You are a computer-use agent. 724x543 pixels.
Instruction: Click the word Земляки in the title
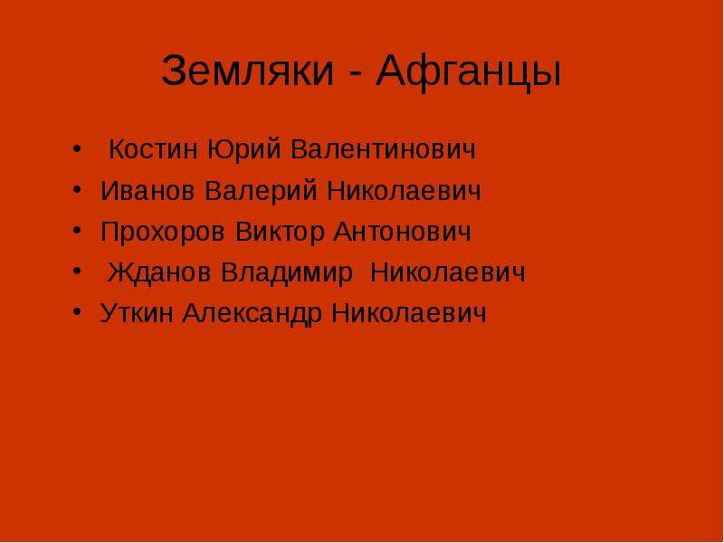[x=247, y=71]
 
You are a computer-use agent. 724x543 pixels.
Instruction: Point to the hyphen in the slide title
[x=355, y=73]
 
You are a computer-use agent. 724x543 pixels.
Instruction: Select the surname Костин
[x=153, y=149]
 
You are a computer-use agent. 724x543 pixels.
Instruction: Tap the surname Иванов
[x=148, y=191]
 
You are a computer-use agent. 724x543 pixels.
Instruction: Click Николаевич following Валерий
[x=404, y=191]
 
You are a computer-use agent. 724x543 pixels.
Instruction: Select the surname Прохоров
[x=163, y=233]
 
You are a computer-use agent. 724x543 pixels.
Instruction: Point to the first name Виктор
[x=281, y=233]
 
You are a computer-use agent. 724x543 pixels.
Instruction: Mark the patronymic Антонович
[x=402, y=232]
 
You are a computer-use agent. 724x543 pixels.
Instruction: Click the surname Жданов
[x=159, y=272]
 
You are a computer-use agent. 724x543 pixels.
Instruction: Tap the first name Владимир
[x=287, y=272]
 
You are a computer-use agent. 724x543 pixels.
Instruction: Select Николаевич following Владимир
[x=448, y=272]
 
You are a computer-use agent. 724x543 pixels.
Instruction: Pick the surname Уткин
[x=137, y=313]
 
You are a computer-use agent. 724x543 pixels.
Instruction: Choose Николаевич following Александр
[x=409, y=313]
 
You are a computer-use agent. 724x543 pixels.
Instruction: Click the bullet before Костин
[x=77, y=149]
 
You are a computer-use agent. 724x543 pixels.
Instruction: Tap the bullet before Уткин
[x=77, y=310]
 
